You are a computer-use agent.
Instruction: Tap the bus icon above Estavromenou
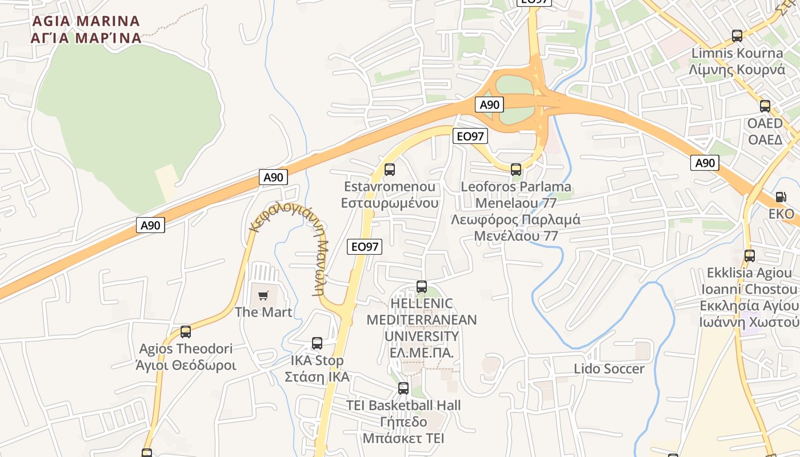390,170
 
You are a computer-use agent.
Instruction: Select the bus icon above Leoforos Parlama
516,170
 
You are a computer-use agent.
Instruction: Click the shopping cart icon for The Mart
263,295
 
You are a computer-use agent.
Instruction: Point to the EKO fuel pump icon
781,197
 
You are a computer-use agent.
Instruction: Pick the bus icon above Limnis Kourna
737,36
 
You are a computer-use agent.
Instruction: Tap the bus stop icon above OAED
765,106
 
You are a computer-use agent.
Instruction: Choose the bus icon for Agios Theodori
186,332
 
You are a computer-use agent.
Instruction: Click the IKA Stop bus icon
317,343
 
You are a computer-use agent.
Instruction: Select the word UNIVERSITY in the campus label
422,336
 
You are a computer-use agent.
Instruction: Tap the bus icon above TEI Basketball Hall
403,388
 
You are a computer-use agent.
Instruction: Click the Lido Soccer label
609,369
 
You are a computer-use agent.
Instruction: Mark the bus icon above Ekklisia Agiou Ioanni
750,256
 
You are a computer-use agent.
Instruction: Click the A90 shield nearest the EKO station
705,163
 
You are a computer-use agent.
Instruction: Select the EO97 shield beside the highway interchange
470,136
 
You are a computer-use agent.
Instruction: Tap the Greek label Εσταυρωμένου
390,203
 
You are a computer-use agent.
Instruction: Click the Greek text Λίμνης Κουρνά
737,70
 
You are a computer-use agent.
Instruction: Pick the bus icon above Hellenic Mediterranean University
422,287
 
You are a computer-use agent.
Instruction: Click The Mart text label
263,312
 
